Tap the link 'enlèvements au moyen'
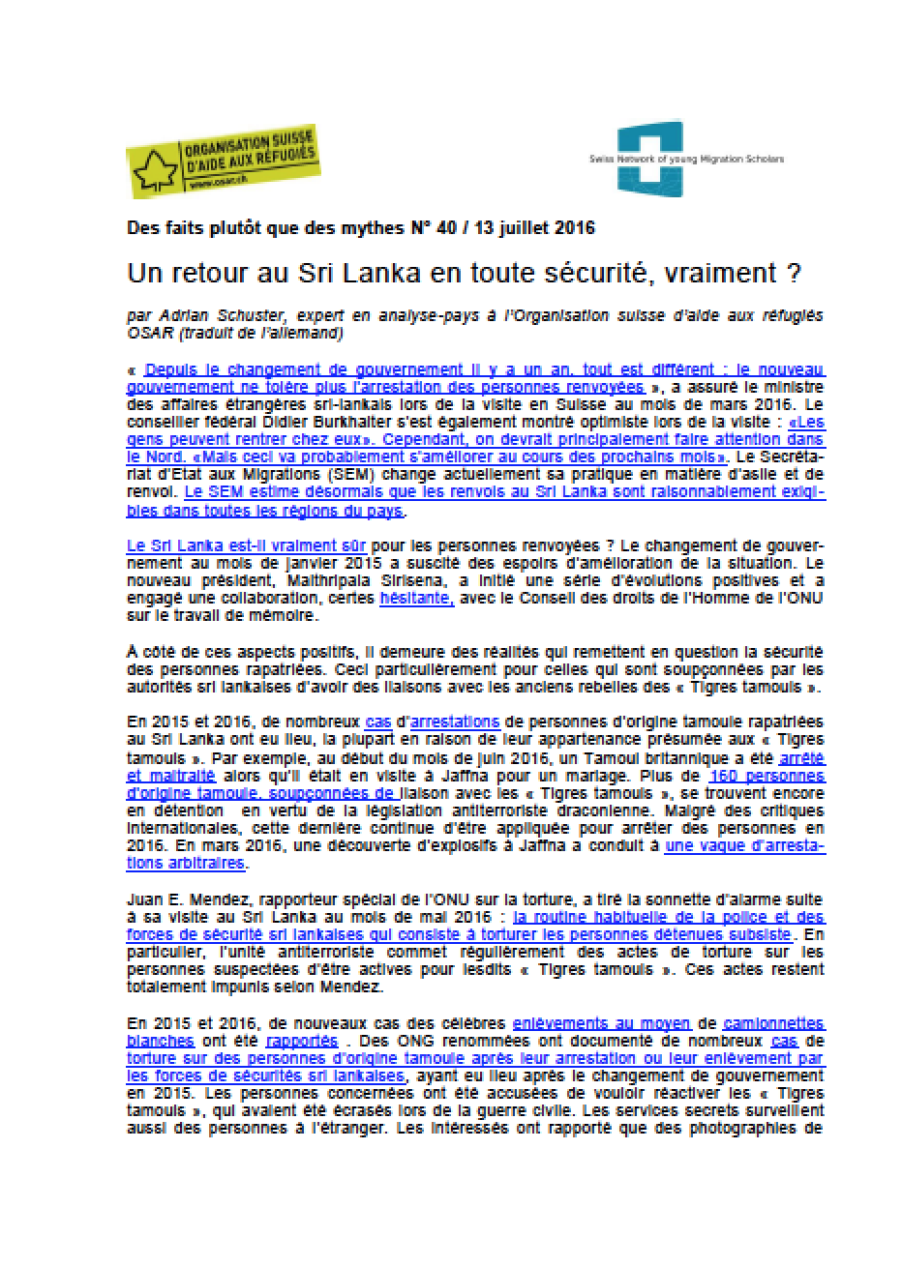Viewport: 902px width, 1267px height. [600, 1022]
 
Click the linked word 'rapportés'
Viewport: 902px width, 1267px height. [301, 1041]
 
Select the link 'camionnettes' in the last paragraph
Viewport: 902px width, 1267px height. [777, 1022]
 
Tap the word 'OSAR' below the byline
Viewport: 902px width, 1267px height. [146, 335]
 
